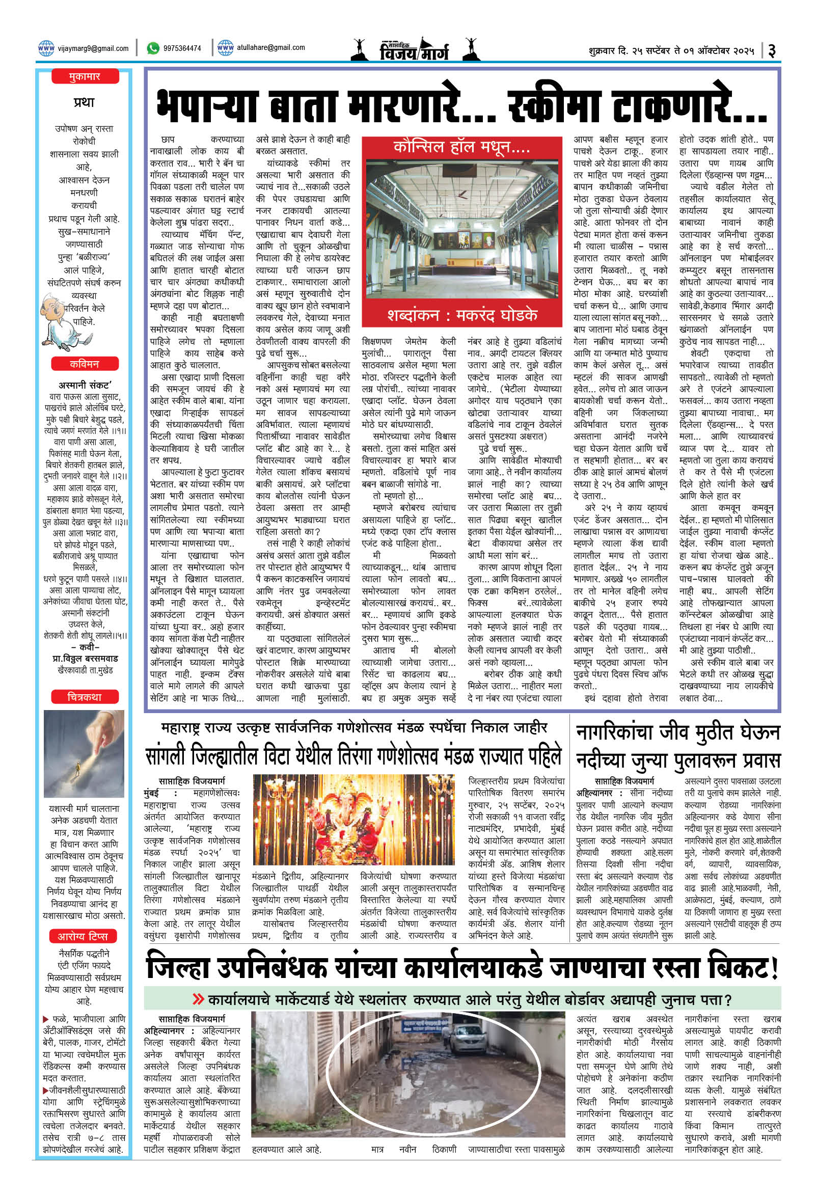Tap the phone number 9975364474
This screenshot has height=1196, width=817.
coord(182,48)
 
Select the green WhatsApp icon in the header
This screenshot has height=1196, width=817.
coord(153,48)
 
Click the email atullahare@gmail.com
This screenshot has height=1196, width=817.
coord(270,48)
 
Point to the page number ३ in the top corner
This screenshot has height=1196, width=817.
coord(772,50)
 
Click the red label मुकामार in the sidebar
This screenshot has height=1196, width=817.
coord(85,77)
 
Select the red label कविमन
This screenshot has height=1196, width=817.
coord(85,364)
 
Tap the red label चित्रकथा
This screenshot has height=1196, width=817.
coord(85,697)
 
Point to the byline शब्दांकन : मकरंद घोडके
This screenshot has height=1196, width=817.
coord(461,315)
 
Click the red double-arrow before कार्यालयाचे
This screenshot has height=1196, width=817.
coord(198,999)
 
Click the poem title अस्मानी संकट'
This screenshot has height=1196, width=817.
coord(85,385)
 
